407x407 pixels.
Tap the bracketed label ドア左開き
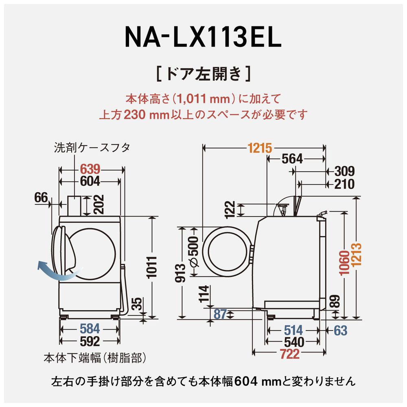point(203,74)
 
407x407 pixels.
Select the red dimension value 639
point(90,169)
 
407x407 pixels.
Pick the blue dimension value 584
point(90,328)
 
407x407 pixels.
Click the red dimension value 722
point(289,354)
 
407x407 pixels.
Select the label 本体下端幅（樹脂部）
point(94,358)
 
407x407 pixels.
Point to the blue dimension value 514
point(293,329)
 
